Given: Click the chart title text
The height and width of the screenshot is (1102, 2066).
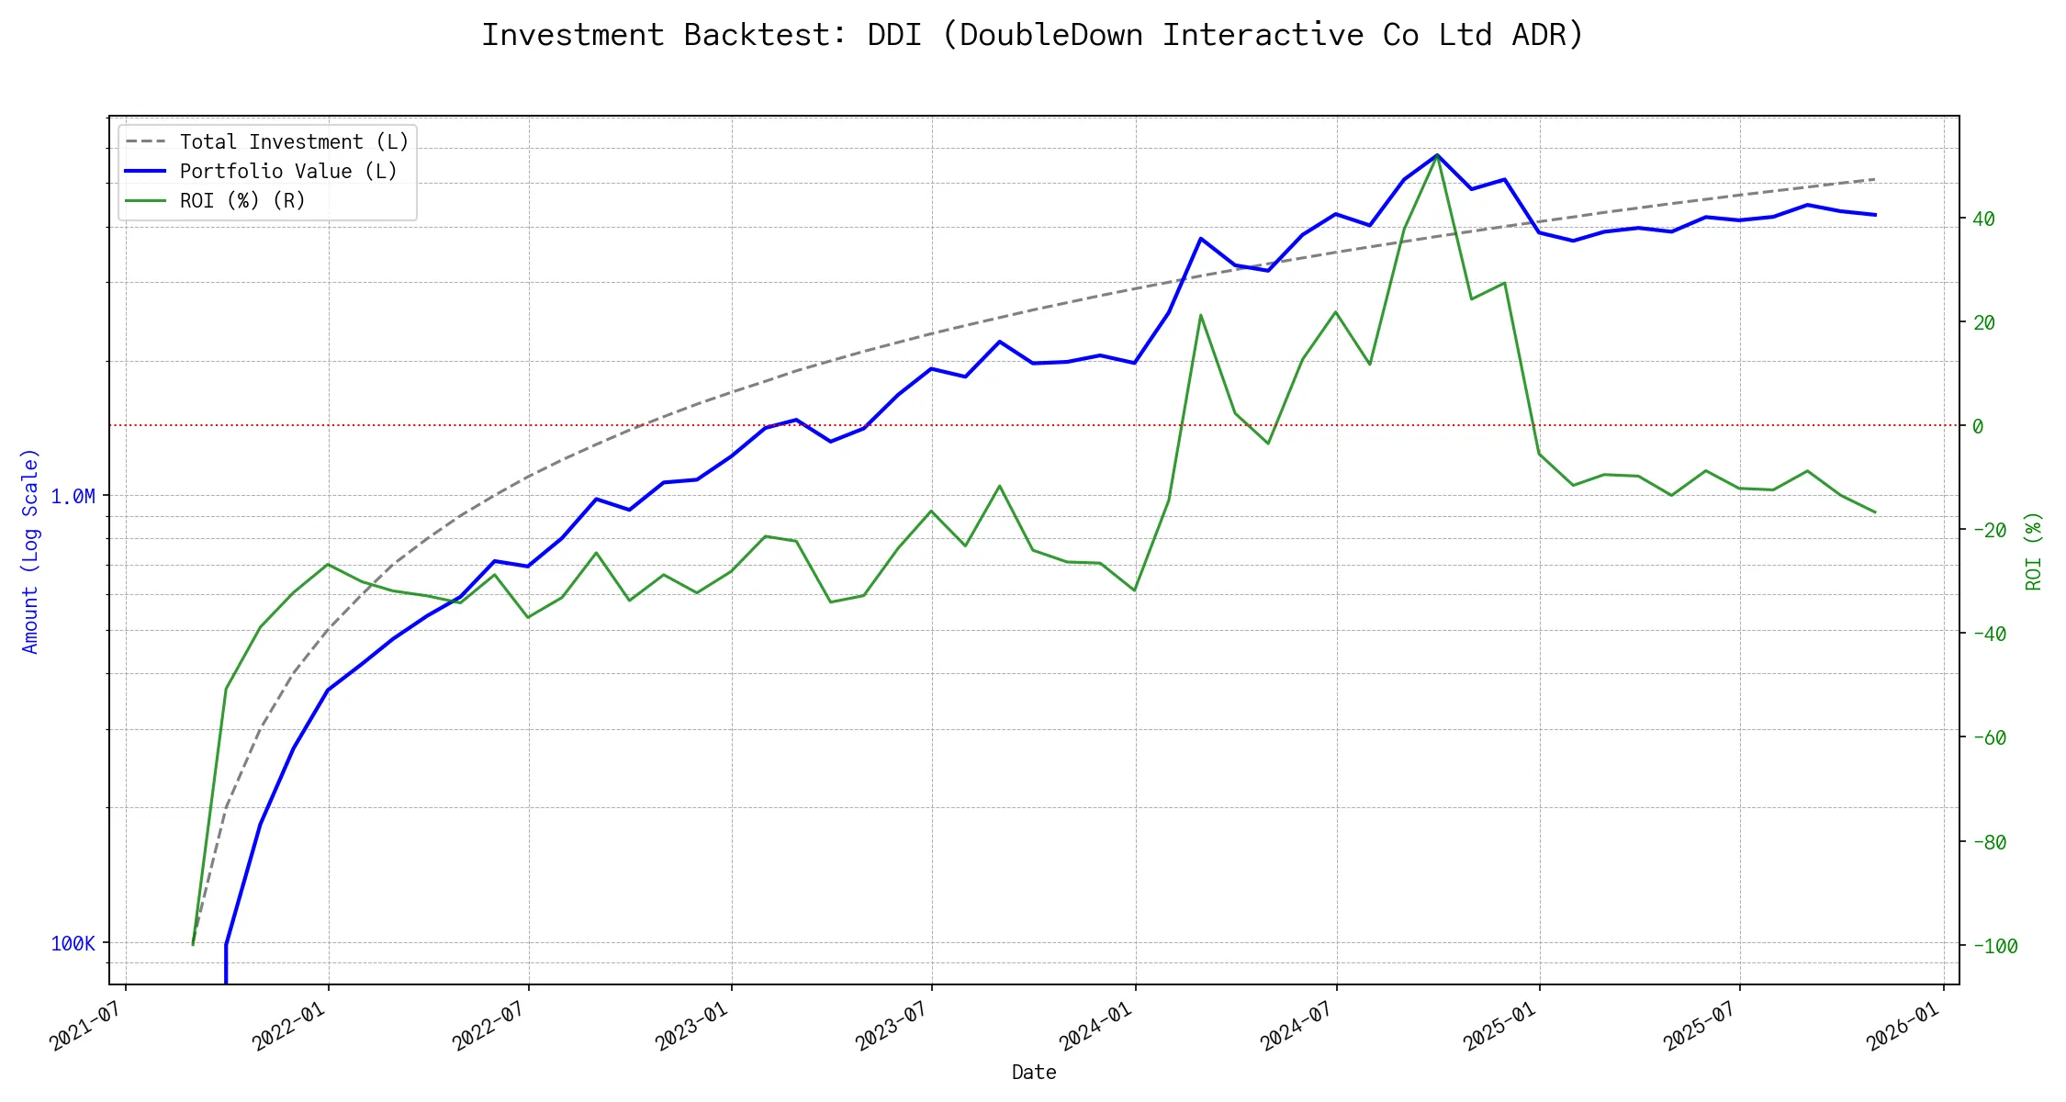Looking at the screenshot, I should click(x=1033, y=35).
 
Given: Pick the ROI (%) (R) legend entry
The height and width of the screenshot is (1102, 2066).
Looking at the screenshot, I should click(x=242, y=201).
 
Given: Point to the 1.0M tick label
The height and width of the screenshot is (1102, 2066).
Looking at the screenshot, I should click(x=73, y=497).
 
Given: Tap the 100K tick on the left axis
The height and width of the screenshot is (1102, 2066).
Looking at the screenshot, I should click(x=73, y=944).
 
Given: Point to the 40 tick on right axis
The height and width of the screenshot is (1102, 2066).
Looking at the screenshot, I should click(x=1983, y=219).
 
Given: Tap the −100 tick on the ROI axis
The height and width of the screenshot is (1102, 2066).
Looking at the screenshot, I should click(x=1989, y=947).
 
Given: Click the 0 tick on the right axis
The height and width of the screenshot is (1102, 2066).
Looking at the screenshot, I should click(x=1978, y=427).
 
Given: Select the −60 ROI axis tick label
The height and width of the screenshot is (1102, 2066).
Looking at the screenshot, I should click(x=1989, y=738).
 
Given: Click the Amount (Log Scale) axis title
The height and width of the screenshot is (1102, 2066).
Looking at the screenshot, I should click(x=31, y=551).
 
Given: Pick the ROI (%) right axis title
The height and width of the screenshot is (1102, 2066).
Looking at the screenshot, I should click(x=2034, y=551).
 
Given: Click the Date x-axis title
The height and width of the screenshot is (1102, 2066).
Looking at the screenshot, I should click(x=1034, y=1073).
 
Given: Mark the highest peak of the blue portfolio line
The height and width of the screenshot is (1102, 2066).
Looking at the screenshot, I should click(x=1437, y=155).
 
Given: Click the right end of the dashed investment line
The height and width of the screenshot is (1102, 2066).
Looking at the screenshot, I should click(x=1875, y=179).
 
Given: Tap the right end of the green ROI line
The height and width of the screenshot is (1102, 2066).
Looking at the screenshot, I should click(x=1875, y=512).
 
